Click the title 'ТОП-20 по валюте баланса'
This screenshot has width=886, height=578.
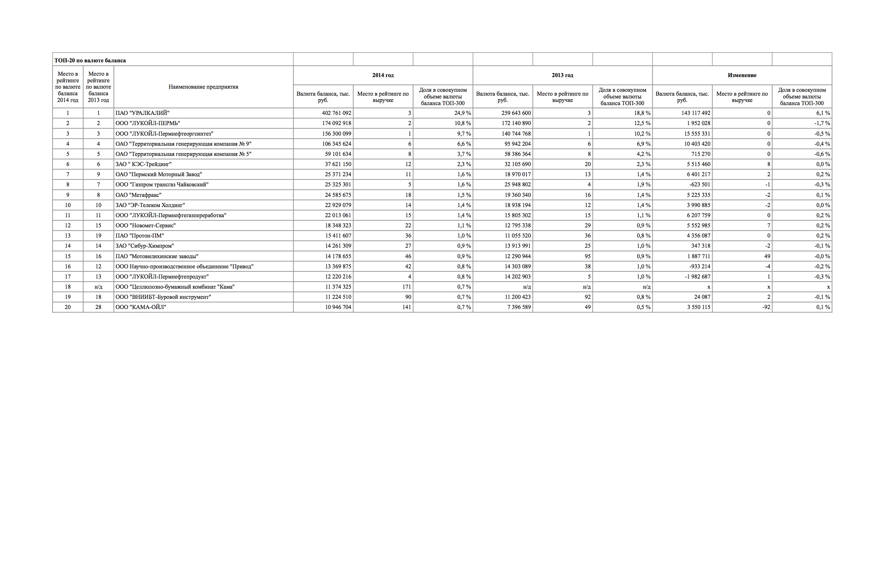(90, 60)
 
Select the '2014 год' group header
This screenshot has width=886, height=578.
(383, 75)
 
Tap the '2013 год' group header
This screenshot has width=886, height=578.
(562, 75)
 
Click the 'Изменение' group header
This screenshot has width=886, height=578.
(742, 75)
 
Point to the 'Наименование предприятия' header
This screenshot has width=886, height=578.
(203, 87)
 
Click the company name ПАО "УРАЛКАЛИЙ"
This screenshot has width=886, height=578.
(143, 113)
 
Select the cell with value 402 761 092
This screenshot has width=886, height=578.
(336, 113)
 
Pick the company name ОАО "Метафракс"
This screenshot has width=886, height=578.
(138, 195)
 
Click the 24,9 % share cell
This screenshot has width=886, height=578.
(462, 113)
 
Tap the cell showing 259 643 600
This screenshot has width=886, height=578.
(516, 113)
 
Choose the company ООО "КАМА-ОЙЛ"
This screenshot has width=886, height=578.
(141, 307)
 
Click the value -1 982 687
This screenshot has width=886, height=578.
(695, 276)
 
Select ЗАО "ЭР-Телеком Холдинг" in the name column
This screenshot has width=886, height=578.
(150, 205)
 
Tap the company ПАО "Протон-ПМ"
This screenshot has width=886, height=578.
(140, 236)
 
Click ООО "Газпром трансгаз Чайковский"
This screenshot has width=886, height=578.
(162, 185)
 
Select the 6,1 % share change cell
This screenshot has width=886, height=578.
(823, 113)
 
